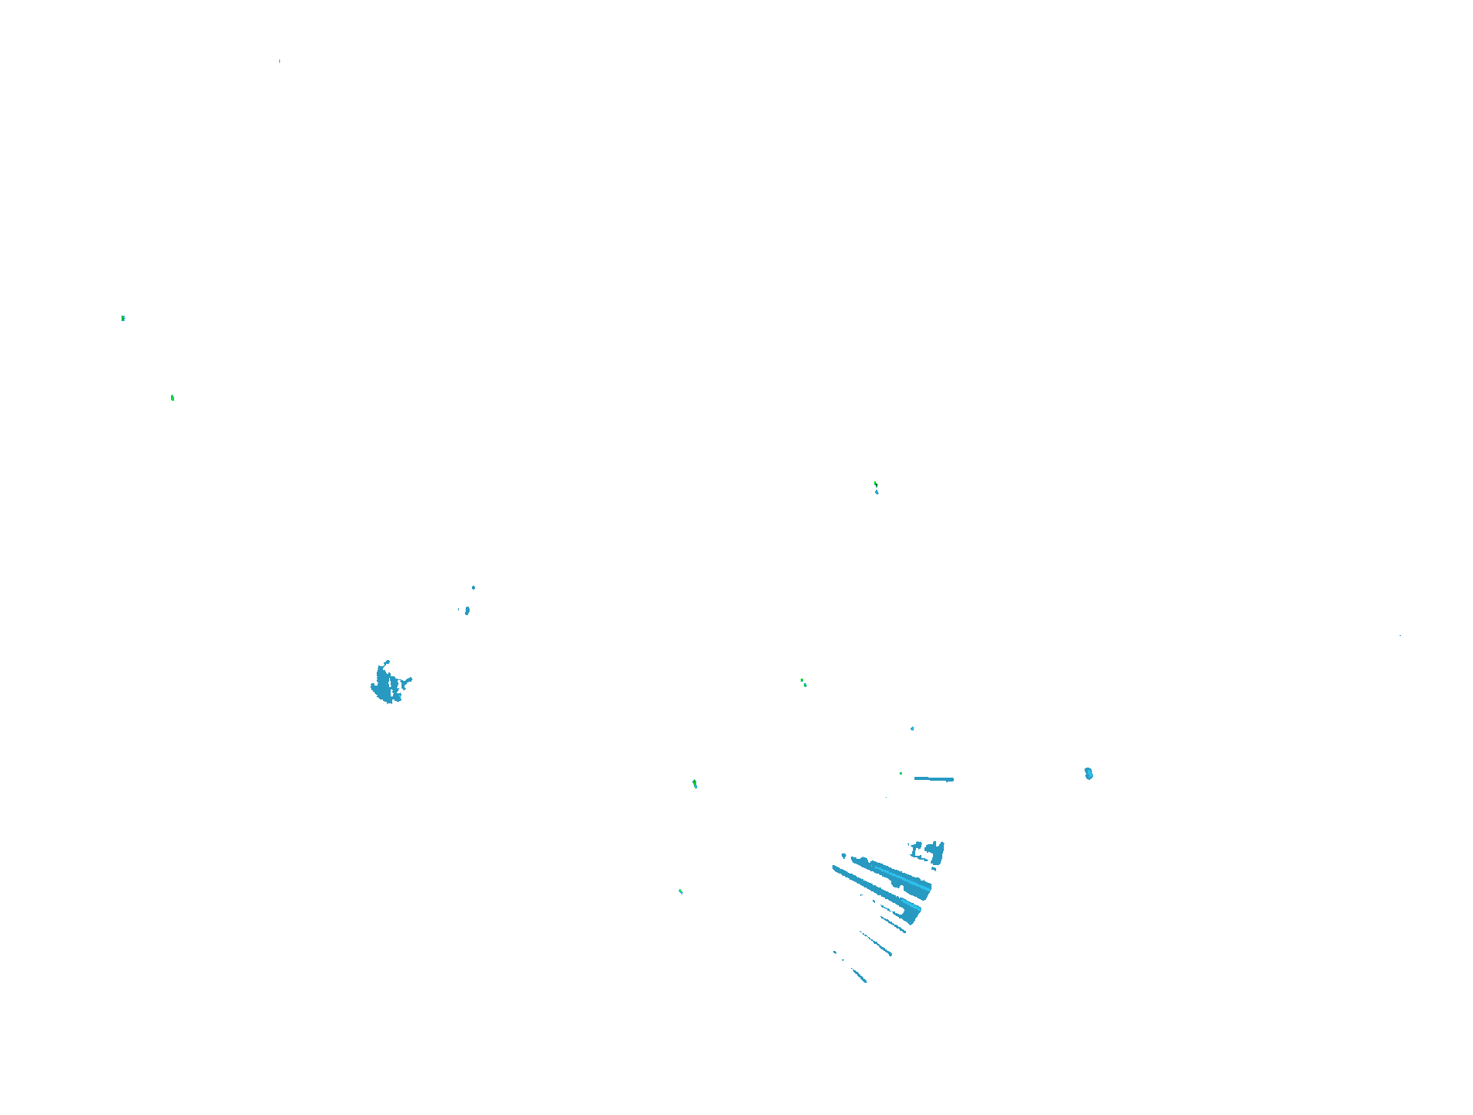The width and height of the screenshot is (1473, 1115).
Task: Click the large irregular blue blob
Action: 384,684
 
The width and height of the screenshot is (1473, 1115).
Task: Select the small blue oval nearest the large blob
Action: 467,611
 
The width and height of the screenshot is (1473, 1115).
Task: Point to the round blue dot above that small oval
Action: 473,587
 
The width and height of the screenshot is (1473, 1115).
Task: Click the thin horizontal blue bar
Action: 934,778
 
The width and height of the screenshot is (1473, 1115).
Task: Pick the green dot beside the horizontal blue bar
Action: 901,773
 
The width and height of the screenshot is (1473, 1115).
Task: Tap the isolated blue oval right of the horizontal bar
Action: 1089,773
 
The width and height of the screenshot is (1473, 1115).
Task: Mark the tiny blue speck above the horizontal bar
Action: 912,728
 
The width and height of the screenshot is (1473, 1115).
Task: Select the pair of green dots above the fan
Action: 803,682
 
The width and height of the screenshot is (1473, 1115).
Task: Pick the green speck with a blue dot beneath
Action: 875,484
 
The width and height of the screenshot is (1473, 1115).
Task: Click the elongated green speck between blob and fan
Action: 695,784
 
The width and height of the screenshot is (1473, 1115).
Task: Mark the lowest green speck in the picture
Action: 681,891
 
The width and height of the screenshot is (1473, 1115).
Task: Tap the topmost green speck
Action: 123,318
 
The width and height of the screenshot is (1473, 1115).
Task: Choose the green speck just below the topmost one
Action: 173,398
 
